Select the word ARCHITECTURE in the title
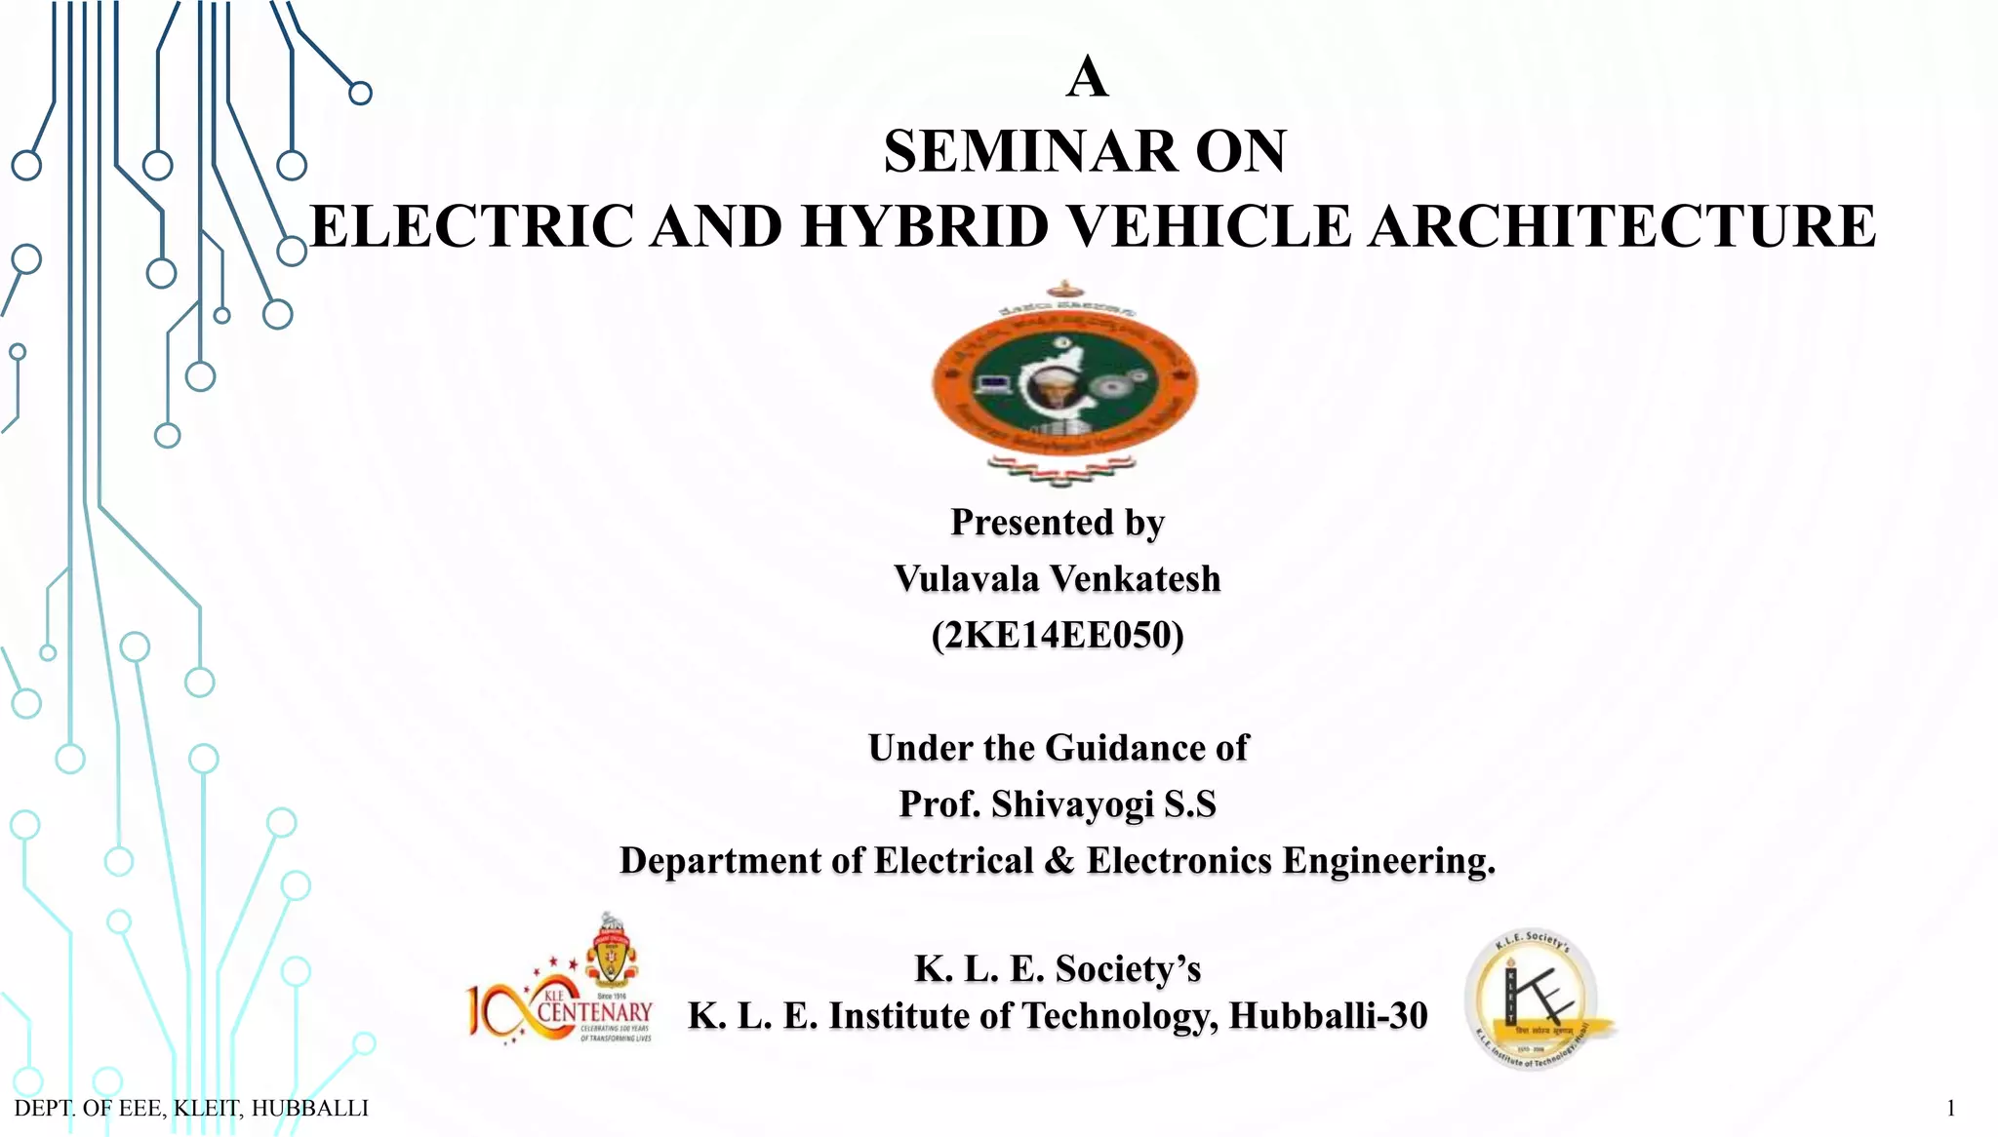tap(1620, 227)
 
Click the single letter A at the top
tap(1087, 77)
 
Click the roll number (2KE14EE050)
tap(1058, 636)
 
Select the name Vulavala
tap(967, 579)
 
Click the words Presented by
tap(1058, 523)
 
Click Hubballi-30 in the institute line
tap(1328, 1016)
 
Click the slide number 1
tap(1950, 1108)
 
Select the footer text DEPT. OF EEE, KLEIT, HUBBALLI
tap(191, 1108)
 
